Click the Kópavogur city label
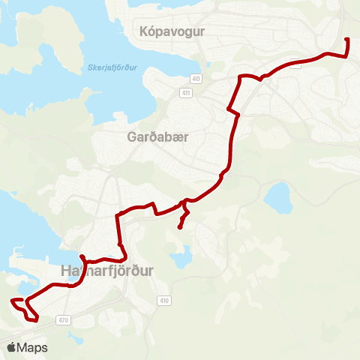tap(172, 31)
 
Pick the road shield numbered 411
tap(185, 93)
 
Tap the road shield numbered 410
tap(163, 301)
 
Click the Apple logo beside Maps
tap(12, 347)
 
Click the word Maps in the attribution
tap(33, 347)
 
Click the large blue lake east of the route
tap(277, 198)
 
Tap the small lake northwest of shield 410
tap(180, 259)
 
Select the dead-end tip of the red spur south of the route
tap(179, 227)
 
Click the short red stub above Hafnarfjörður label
tap(82, 256)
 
